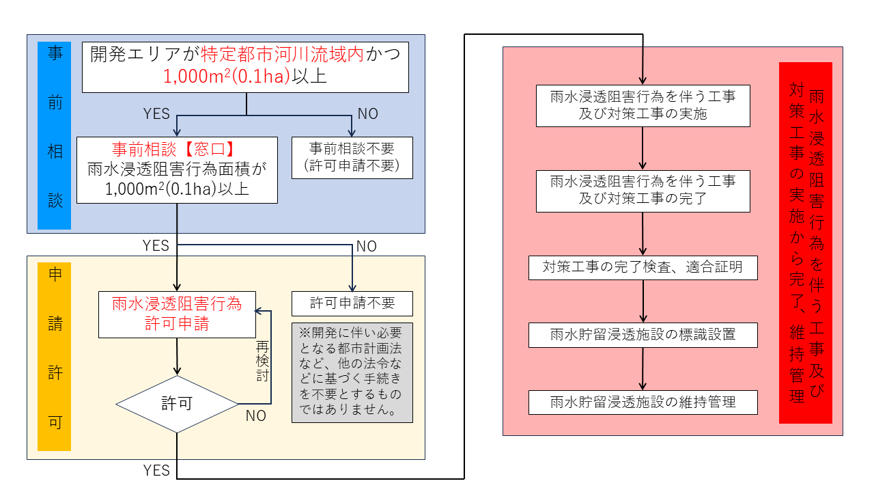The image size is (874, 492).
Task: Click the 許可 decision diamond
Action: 177,404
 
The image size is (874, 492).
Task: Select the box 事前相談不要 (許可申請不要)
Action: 352,157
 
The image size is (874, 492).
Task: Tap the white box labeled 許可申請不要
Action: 352,302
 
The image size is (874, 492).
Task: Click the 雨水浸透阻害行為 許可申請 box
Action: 177,314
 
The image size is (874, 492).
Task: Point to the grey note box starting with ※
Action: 352,372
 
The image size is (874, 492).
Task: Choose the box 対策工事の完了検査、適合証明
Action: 643,267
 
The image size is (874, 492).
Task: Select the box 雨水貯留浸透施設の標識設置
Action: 643,334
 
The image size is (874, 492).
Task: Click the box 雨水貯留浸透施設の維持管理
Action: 643,402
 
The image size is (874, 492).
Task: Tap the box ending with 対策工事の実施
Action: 643,105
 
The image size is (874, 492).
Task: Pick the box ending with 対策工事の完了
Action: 643,191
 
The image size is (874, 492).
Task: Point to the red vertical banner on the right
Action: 806,243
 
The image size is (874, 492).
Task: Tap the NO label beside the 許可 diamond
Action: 256,415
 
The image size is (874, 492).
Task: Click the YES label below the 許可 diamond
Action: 156,470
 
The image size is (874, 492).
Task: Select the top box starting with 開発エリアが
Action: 245,66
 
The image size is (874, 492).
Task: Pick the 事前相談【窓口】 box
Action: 177,169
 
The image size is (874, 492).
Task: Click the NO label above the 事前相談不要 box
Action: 367,113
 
